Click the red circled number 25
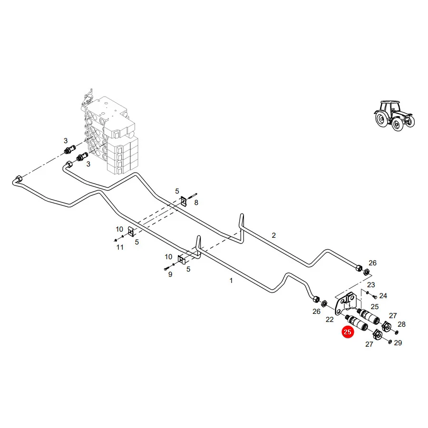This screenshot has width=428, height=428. click(348, 332)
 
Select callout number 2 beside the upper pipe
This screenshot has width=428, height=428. click(274, 235)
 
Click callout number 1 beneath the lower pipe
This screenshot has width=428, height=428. click(231, 281)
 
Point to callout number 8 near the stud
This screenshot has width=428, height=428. click(196, 203)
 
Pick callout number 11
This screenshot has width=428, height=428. click(120, 247)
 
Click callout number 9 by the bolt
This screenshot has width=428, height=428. click(170, 274)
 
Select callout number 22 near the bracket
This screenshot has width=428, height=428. click(330, 320)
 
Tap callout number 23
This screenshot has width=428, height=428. click(371, 285)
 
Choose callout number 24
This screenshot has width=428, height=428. click(383, 296)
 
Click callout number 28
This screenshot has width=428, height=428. click(401, 324)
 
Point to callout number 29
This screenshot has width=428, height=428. click(398, 343)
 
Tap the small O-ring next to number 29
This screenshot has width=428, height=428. click(390, 342)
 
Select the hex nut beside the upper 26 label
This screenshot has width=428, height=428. click(367, 272)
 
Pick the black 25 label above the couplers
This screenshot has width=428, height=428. click(375, 307)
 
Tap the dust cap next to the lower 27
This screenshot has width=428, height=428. click(378, 334)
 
